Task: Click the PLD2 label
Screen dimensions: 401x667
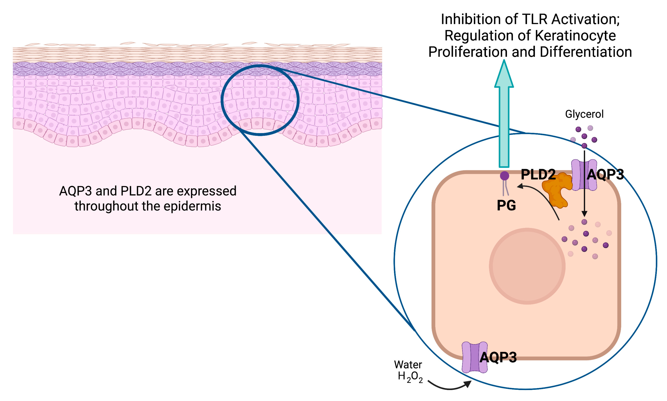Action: click(x=538, y=174)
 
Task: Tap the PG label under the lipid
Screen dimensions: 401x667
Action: click(x=506, y=206)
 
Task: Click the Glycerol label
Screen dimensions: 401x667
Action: click(x=584, y=114)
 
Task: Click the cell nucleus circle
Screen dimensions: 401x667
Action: click(x=527, y=266)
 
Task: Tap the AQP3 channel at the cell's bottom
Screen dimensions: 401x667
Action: click(x=474, y=357)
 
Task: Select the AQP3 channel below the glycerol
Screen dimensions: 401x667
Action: click(x=584, y=175)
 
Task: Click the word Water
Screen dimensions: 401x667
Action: click(x=408, y=365)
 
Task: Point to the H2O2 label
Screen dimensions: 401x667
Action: click(x=410, y=377)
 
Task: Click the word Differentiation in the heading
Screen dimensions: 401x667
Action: click(x=586, y=52)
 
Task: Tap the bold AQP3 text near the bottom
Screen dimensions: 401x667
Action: click(x=498, y=357)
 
